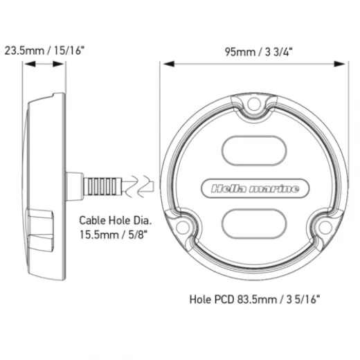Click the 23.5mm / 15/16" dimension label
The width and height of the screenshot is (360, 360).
click(44, 51)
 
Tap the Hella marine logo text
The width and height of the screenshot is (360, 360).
click(249, 188)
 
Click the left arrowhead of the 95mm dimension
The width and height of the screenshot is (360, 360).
click(164, 63)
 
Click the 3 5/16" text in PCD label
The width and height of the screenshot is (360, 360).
click(300, 300)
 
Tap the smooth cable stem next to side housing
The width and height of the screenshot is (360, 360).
click(74, 186)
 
